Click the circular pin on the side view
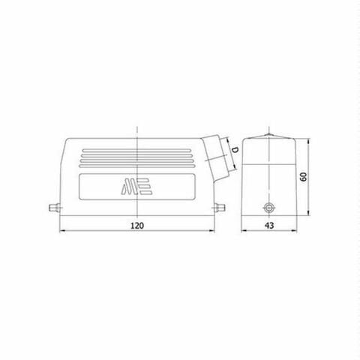(x=265, y=209)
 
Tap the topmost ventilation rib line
(x=137, y=149)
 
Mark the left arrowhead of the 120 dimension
(x=61, y=232)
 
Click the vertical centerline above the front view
(x=137, y=129)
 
